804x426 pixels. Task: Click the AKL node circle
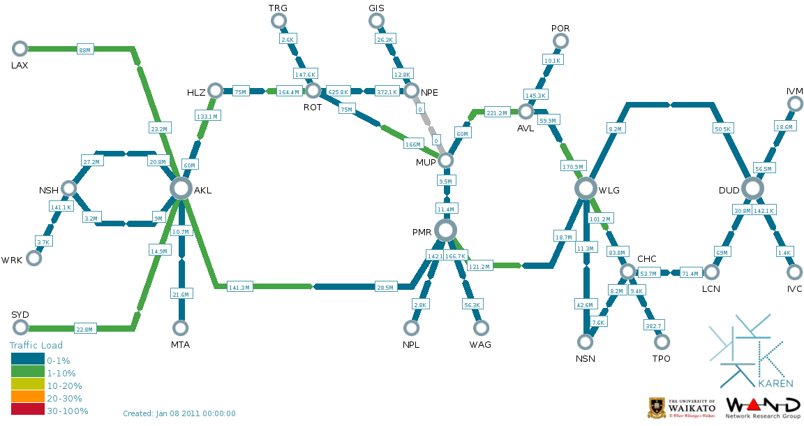pos(181,188)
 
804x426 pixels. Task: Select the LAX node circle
pos(20,48)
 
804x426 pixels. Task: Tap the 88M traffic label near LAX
pos(84,50)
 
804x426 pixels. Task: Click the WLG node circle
pos(586,188)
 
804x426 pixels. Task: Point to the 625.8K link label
pos(338,91)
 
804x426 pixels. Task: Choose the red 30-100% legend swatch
pos(27,411)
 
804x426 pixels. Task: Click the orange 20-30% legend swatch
pos(27,398)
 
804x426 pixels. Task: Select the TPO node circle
pos(662,341)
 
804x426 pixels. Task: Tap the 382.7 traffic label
pos(653,325)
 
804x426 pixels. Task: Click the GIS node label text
pos(376,8)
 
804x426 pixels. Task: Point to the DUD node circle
pos(752,188)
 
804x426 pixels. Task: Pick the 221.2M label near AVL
pos(497,112)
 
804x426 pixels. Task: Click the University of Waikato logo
pos(682,407)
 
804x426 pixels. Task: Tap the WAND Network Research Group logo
pos(763,408)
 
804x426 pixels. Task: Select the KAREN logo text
pos(775,383)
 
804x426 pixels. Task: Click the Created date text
pos(179,413)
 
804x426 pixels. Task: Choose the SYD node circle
pos(20,328)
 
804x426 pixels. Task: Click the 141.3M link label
pos(239,287)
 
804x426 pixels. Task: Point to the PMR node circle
pos(445,230)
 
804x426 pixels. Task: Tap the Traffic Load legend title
pos(36,345)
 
